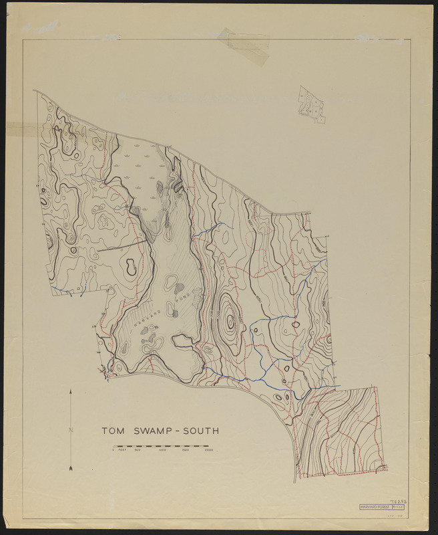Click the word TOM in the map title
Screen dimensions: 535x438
click(x=111, y=431)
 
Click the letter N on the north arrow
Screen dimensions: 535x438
click(x=70, y=431)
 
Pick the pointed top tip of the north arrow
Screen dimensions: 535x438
click(x=70, y=389)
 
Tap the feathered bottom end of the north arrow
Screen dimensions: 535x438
click(x=70, y=468)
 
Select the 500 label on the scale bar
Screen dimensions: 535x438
click(x=138, y=451)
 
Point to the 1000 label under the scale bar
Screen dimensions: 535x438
click(x=162, y=451)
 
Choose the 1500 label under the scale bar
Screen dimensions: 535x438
click(x=186, y=451)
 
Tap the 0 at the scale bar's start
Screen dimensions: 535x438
click(x=113, y=451)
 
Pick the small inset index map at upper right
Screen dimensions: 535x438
click(x=311, y=104)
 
